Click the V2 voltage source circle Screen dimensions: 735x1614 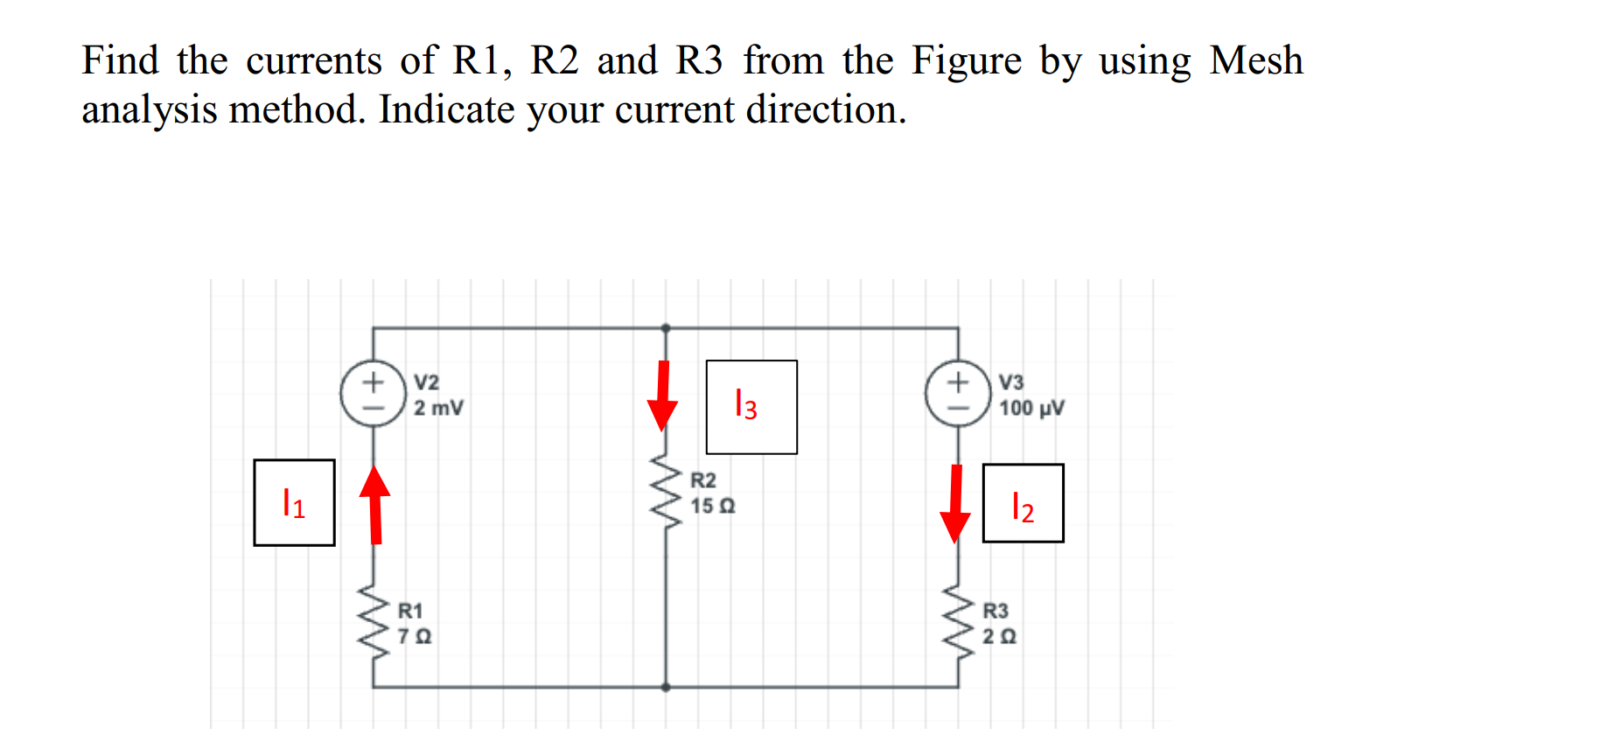tap(374, 395)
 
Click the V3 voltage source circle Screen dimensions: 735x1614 tap(959, 395)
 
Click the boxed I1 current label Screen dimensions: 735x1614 tap(294, 503)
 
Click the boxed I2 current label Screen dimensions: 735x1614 tap(1023, 504)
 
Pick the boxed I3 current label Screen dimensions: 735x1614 tap(751, 407)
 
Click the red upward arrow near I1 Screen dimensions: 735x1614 tap(375, 505)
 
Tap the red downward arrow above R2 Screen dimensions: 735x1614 tap(663, 395)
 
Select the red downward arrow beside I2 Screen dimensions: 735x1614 tap(955, 504)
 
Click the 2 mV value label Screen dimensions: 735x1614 tap(438, 409)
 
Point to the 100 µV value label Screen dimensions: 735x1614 tap(1031, 409)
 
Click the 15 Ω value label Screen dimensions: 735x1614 tap(713, 507)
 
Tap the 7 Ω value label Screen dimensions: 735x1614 tap(415, 637)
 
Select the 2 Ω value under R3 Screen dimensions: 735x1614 tap(999, 637)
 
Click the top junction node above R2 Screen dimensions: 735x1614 tap(666, 328)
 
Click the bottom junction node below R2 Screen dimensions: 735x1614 tap(666, 687)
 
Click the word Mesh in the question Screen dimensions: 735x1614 tap(1255, 60)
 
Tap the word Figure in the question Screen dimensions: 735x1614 tap(966, 61)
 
